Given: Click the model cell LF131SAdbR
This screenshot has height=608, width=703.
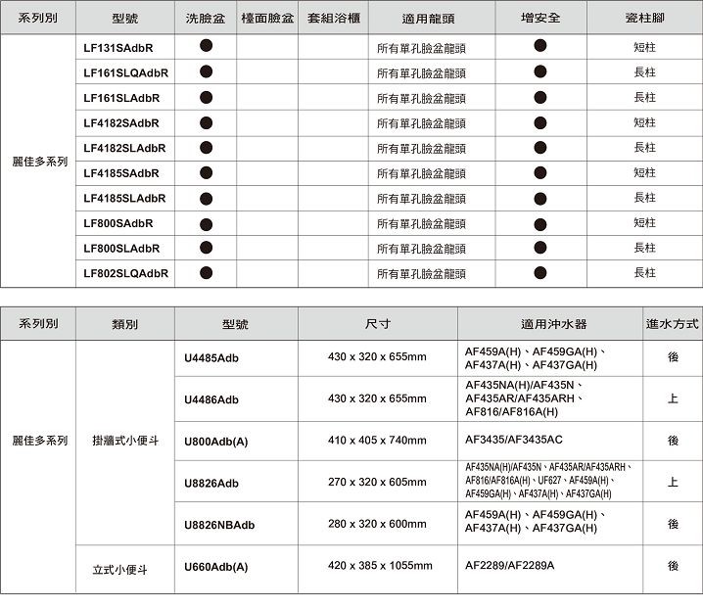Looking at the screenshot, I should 117,47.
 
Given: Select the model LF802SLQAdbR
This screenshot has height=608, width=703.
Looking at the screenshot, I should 125,273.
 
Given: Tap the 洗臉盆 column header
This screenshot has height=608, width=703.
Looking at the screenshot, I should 206,19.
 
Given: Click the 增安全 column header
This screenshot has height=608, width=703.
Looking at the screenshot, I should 540,19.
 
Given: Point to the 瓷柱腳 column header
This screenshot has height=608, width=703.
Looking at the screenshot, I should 644,19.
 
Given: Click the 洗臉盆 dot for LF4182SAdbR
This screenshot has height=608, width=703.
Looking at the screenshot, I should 206,122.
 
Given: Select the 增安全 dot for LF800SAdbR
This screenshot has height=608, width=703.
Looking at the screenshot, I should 540,223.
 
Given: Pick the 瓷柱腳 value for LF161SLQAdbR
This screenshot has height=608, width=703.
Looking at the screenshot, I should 644,72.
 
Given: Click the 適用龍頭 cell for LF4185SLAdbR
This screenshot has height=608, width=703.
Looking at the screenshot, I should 421,199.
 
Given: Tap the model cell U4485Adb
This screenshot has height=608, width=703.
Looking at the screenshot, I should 211,357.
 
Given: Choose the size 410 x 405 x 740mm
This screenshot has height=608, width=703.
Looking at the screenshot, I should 377,441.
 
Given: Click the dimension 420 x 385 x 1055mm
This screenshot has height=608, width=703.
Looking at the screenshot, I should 380,566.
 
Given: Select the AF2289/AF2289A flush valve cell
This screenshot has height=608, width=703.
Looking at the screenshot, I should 509,566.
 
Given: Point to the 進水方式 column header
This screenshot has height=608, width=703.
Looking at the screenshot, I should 673,323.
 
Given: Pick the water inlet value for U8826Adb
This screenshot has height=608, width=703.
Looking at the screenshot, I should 673,483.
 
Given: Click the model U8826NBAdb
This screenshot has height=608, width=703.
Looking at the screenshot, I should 218,525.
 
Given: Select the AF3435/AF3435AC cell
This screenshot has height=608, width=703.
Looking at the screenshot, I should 514,441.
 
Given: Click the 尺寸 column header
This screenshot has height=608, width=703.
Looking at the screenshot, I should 377,323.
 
